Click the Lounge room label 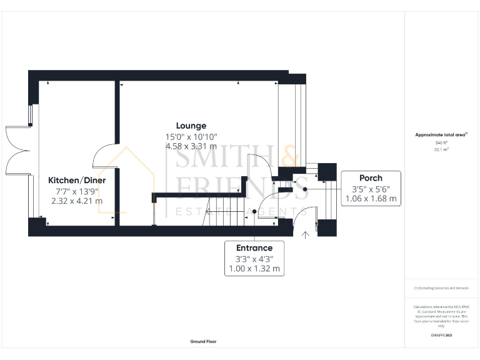191,126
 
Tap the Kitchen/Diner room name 77,180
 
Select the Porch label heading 371,177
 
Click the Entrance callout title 254,247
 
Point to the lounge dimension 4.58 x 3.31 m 191,146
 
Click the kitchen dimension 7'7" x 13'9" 77,191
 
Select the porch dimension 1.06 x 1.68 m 371,199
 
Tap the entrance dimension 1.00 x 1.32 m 254,269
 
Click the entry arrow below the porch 306,235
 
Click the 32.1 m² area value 441,150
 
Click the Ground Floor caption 204,342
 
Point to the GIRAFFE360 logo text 441,336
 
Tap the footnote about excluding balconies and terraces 441,288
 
